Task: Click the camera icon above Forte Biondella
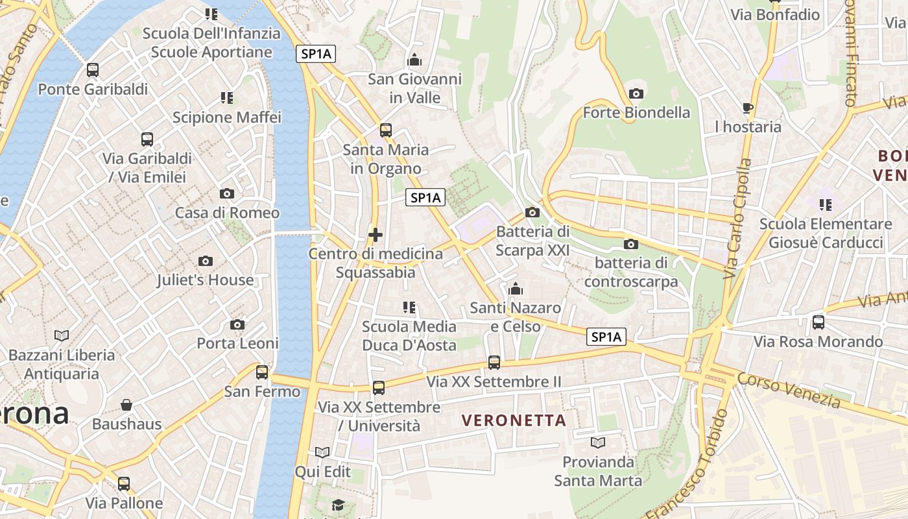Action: (x=636, y=93)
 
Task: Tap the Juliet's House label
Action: (x=205, y=280)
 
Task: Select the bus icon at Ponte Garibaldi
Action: (x=93, y=70)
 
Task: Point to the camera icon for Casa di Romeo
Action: (x=226, y=193)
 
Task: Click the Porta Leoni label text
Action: (x=237, y=343)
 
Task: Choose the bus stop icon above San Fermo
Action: (x=262, y=372)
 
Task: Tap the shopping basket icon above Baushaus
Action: (x=126, y=405)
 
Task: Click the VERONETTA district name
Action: (x=514, y=420)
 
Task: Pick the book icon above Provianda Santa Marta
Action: (x=597, y=442)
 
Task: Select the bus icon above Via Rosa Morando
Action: (x=818, y=322)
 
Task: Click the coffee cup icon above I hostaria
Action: (x=747, y=108)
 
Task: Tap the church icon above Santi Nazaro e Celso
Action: (x=516, y=288)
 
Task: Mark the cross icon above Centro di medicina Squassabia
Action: (x=375, y=234)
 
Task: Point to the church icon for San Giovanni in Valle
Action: (x=414, y=60)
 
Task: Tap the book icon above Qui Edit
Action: (x=322, y=452)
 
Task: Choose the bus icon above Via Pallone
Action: (x=124, y=483)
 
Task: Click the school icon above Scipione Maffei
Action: (x=226, y=98)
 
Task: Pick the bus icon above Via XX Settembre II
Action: (x=494, y=363)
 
